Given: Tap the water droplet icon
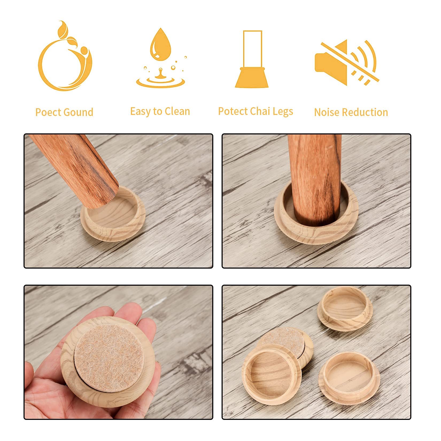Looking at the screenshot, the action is pyautogui.click(x=160, y=58).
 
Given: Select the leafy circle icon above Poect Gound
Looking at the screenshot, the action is pyautogui.click(x=65, y=56).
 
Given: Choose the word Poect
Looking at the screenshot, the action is pyautogui.click(x=47, y=112).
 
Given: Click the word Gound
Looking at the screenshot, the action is pyautogui.click(x=77, y=112).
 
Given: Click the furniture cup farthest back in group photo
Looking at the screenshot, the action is pyautogui.click(x=346, y=308).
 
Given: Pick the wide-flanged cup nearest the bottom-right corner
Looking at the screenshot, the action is pyautogui.click(x=349, y=377).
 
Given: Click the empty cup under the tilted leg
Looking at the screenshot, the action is pyautogui.click(x=113, y=214).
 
